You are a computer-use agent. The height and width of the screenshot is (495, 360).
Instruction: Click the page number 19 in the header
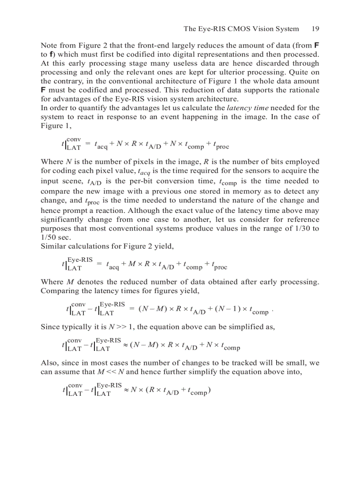tap(315, 29)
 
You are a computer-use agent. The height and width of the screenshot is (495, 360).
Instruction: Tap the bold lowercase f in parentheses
tap(50, 55)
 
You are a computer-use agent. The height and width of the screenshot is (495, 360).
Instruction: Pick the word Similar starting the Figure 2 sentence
tap(52, 246)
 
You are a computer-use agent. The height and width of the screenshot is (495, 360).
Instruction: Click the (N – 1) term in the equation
tap(227, 310)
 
